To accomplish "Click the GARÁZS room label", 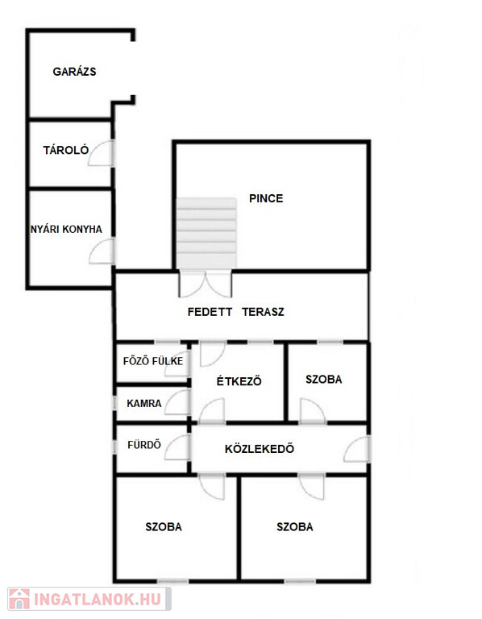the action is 74,72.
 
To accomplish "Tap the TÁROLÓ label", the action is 66,150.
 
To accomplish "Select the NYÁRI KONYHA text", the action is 66,229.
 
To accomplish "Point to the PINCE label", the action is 266,198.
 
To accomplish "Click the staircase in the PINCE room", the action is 206,233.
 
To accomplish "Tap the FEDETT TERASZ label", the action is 235,312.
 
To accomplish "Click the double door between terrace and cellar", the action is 206,285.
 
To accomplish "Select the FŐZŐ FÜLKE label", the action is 153,361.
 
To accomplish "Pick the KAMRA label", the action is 144,404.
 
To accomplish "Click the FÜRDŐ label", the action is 144,445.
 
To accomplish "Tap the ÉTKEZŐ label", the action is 239,381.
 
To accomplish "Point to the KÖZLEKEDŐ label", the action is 260,449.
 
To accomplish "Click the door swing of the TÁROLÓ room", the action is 101,153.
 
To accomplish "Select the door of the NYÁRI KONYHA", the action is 102,251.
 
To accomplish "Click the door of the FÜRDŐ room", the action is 177,447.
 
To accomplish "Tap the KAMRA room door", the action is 177,402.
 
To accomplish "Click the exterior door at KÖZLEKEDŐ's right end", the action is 357,449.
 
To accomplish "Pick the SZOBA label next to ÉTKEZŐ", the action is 324,380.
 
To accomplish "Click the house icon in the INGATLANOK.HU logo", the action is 19,599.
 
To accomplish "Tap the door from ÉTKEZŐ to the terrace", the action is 212,354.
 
